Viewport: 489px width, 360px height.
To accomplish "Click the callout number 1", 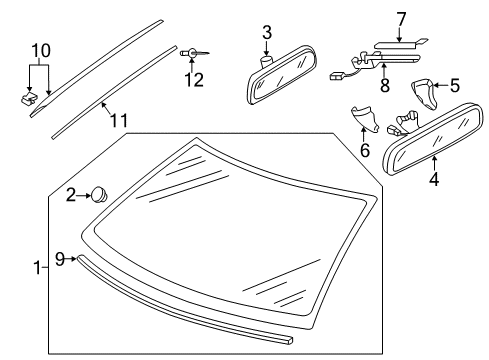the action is [x=38, y=268].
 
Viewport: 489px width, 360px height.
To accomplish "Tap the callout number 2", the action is [x=71, y=195].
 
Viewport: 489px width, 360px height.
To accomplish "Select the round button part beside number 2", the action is [x=99, y=195].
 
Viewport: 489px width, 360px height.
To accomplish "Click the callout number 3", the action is [x=267, y=33].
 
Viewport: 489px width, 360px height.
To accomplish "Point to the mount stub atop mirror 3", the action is [x=266, y=61].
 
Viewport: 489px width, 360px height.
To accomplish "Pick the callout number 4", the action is [x=434, y=179].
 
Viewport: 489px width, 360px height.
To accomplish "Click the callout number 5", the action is [x=455, y=85].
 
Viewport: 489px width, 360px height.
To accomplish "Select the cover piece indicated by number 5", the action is [x=424, y=93].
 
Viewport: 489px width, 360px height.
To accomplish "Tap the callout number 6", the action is [x=365, y=150].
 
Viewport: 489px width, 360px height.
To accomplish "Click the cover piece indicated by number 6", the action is [x=365, y=118].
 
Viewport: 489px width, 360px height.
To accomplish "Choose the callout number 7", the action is [x=401, y=19].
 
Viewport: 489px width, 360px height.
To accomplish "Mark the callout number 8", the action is [x=385, y=85].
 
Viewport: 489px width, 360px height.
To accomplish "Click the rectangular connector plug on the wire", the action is [x=336, y=77].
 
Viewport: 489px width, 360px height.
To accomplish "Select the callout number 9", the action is [x=60, y=259].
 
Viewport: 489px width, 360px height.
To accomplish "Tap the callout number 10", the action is [x=41, y=51].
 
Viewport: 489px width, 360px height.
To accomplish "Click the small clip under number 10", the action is [x=28, y=98].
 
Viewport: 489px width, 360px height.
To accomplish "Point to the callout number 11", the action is [x=119, y=120].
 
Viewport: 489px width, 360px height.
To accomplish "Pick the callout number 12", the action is [x=194, y=80].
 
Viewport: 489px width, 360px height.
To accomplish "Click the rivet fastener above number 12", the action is [x=194, y=53].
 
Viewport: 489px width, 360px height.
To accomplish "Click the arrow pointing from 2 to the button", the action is [x=83, y=196].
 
